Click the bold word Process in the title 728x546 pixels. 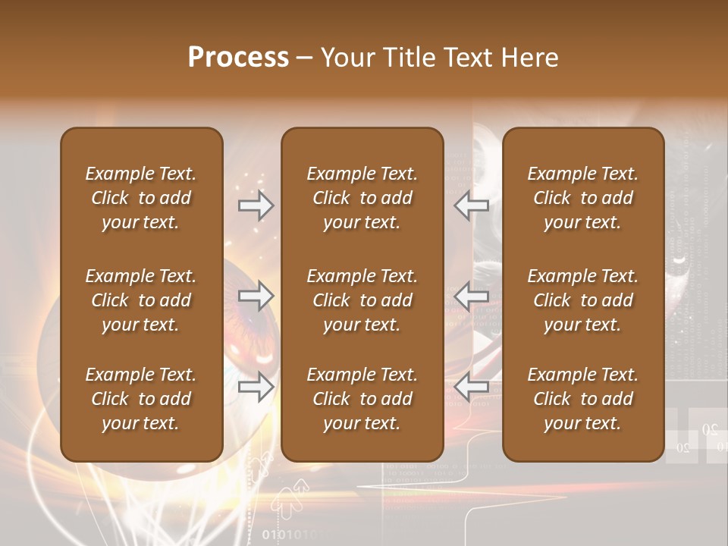click(x=238, y=58)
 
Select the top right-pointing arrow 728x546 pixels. click(x=256, y=206)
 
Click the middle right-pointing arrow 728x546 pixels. click(x=256, y=296)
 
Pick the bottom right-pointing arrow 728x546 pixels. click(x=256, y=388)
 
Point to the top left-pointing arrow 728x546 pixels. click(x=471, y=206)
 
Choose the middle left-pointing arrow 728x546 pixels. click(x=471, y=296)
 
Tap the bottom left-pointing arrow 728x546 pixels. click(x=471, y=388)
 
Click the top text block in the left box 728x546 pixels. click(x=141, y=198)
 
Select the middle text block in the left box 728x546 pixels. click(x=141, y=300)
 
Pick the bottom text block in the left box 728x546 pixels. click(x=141, y=399)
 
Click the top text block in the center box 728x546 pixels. click(x=362, y=198)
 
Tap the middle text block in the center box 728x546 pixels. click(x=362, y=300)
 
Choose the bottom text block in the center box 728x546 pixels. click(x=362, y=399)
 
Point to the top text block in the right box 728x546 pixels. click(x=582, y=198)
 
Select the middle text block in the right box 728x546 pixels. click(x=582, y=300)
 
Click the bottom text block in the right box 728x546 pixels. click(x=582, y=399)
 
